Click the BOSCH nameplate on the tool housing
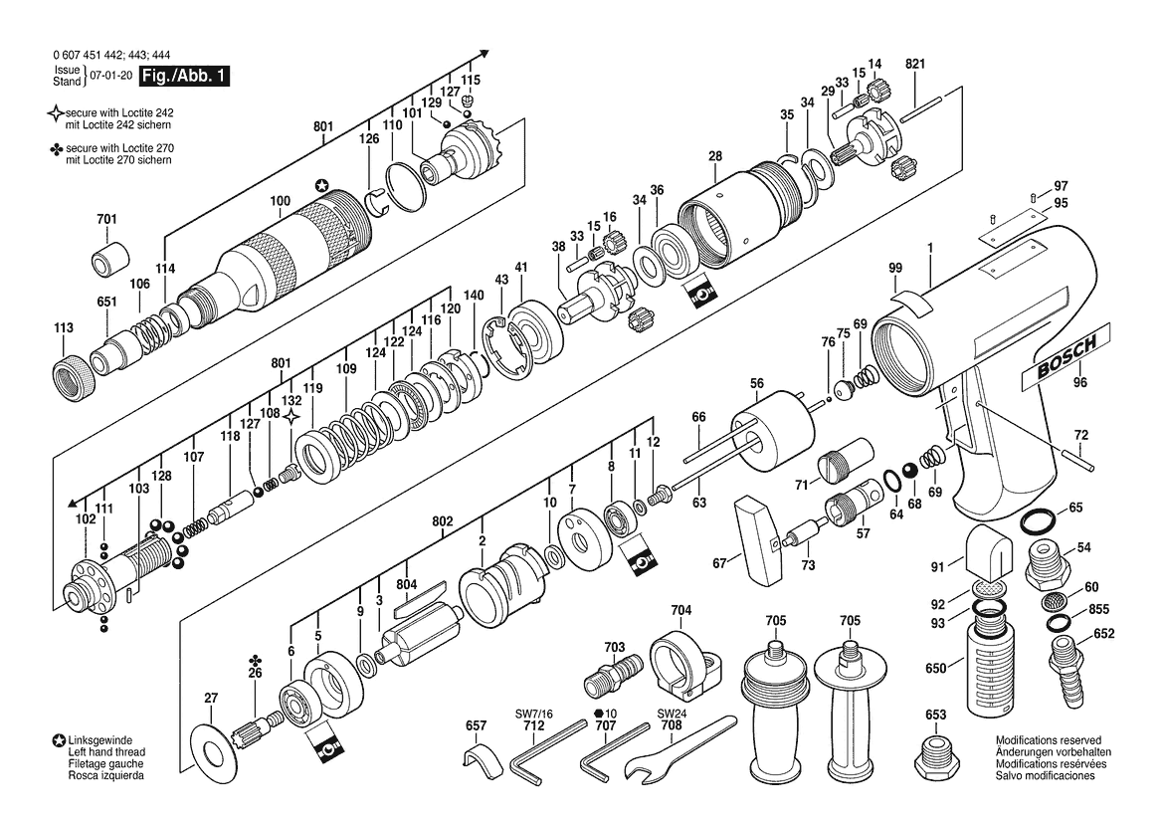point(1066,356)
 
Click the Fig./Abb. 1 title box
point(185,76)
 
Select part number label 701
point(106,220)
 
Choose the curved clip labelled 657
point(483,761)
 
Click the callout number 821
point(915,65)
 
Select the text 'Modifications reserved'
point(1048,740)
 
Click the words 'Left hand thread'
point(106,752)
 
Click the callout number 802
point(442,521)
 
